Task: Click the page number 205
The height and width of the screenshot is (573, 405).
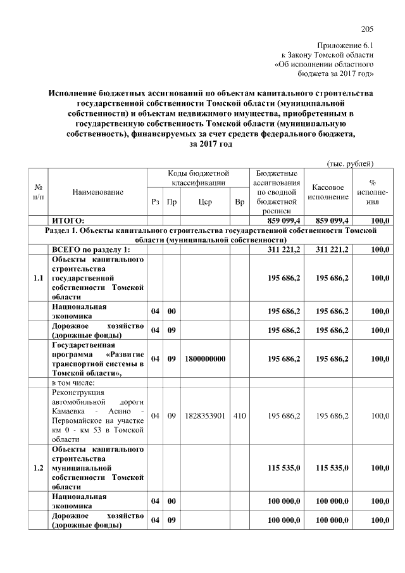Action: point(368,28)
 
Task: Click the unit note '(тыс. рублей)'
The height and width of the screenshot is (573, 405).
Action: point(350,163)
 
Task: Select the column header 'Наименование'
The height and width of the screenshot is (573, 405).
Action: point(98,191)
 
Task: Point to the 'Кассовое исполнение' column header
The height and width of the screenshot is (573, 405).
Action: point(328,192)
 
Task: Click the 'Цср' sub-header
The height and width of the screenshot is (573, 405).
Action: point(204,202)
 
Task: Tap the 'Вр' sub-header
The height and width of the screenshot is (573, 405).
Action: point(239,202)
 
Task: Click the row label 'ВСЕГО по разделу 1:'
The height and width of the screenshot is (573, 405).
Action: point(90,249)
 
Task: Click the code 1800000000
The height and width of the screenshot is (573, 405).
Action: point(205,358)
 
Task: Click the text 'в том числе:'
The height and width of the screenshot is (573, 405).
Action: point(73,382)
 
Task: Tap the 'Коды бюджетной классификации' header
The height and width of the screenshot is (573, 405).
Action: point(197,177)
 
